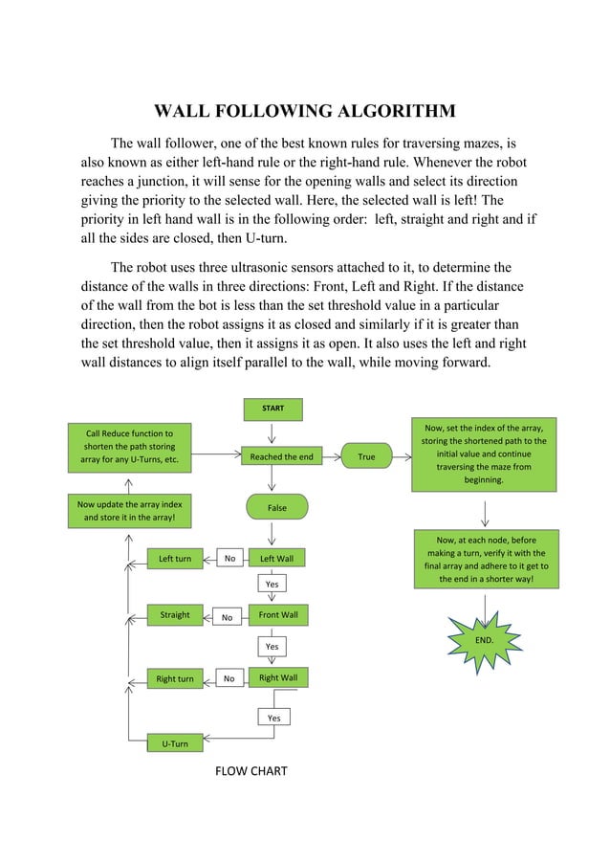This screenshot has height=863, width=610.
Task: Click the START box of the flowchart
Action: click(272, 409)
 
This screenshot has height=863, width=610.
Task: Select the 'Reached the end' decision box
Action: click(281, 457)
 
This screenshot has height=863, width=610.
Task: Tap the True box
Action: click(366, 457)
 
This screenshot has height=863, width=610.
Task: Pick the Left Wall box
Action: click(277, 558)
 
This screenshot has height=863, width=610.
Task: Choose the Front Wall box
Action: click(278, 614)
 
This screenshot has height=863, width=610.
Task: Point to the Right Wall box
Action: click(278, 677)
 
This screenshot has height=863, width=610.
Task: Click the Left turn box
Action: click(175, 558)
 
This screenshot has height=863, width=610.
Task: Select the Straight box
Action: click(175, 614)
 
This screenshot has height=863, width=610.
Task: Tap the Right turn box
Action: click(175, 679)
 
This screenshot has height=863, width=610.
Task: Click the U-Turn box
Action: click(174, 743)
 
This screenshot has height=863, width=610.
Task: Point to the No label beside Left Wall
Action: click(229, 558)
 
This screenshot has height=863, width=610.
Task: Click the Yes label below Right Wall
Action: click(273, 718)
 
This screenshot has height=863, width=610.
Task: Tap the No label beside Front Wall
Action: click(228, 618)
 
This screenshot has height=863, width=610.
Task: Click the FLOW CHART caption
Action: click(251, 770)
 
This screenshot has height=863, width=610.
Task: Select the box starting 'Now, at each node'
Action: click(486, 560)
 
